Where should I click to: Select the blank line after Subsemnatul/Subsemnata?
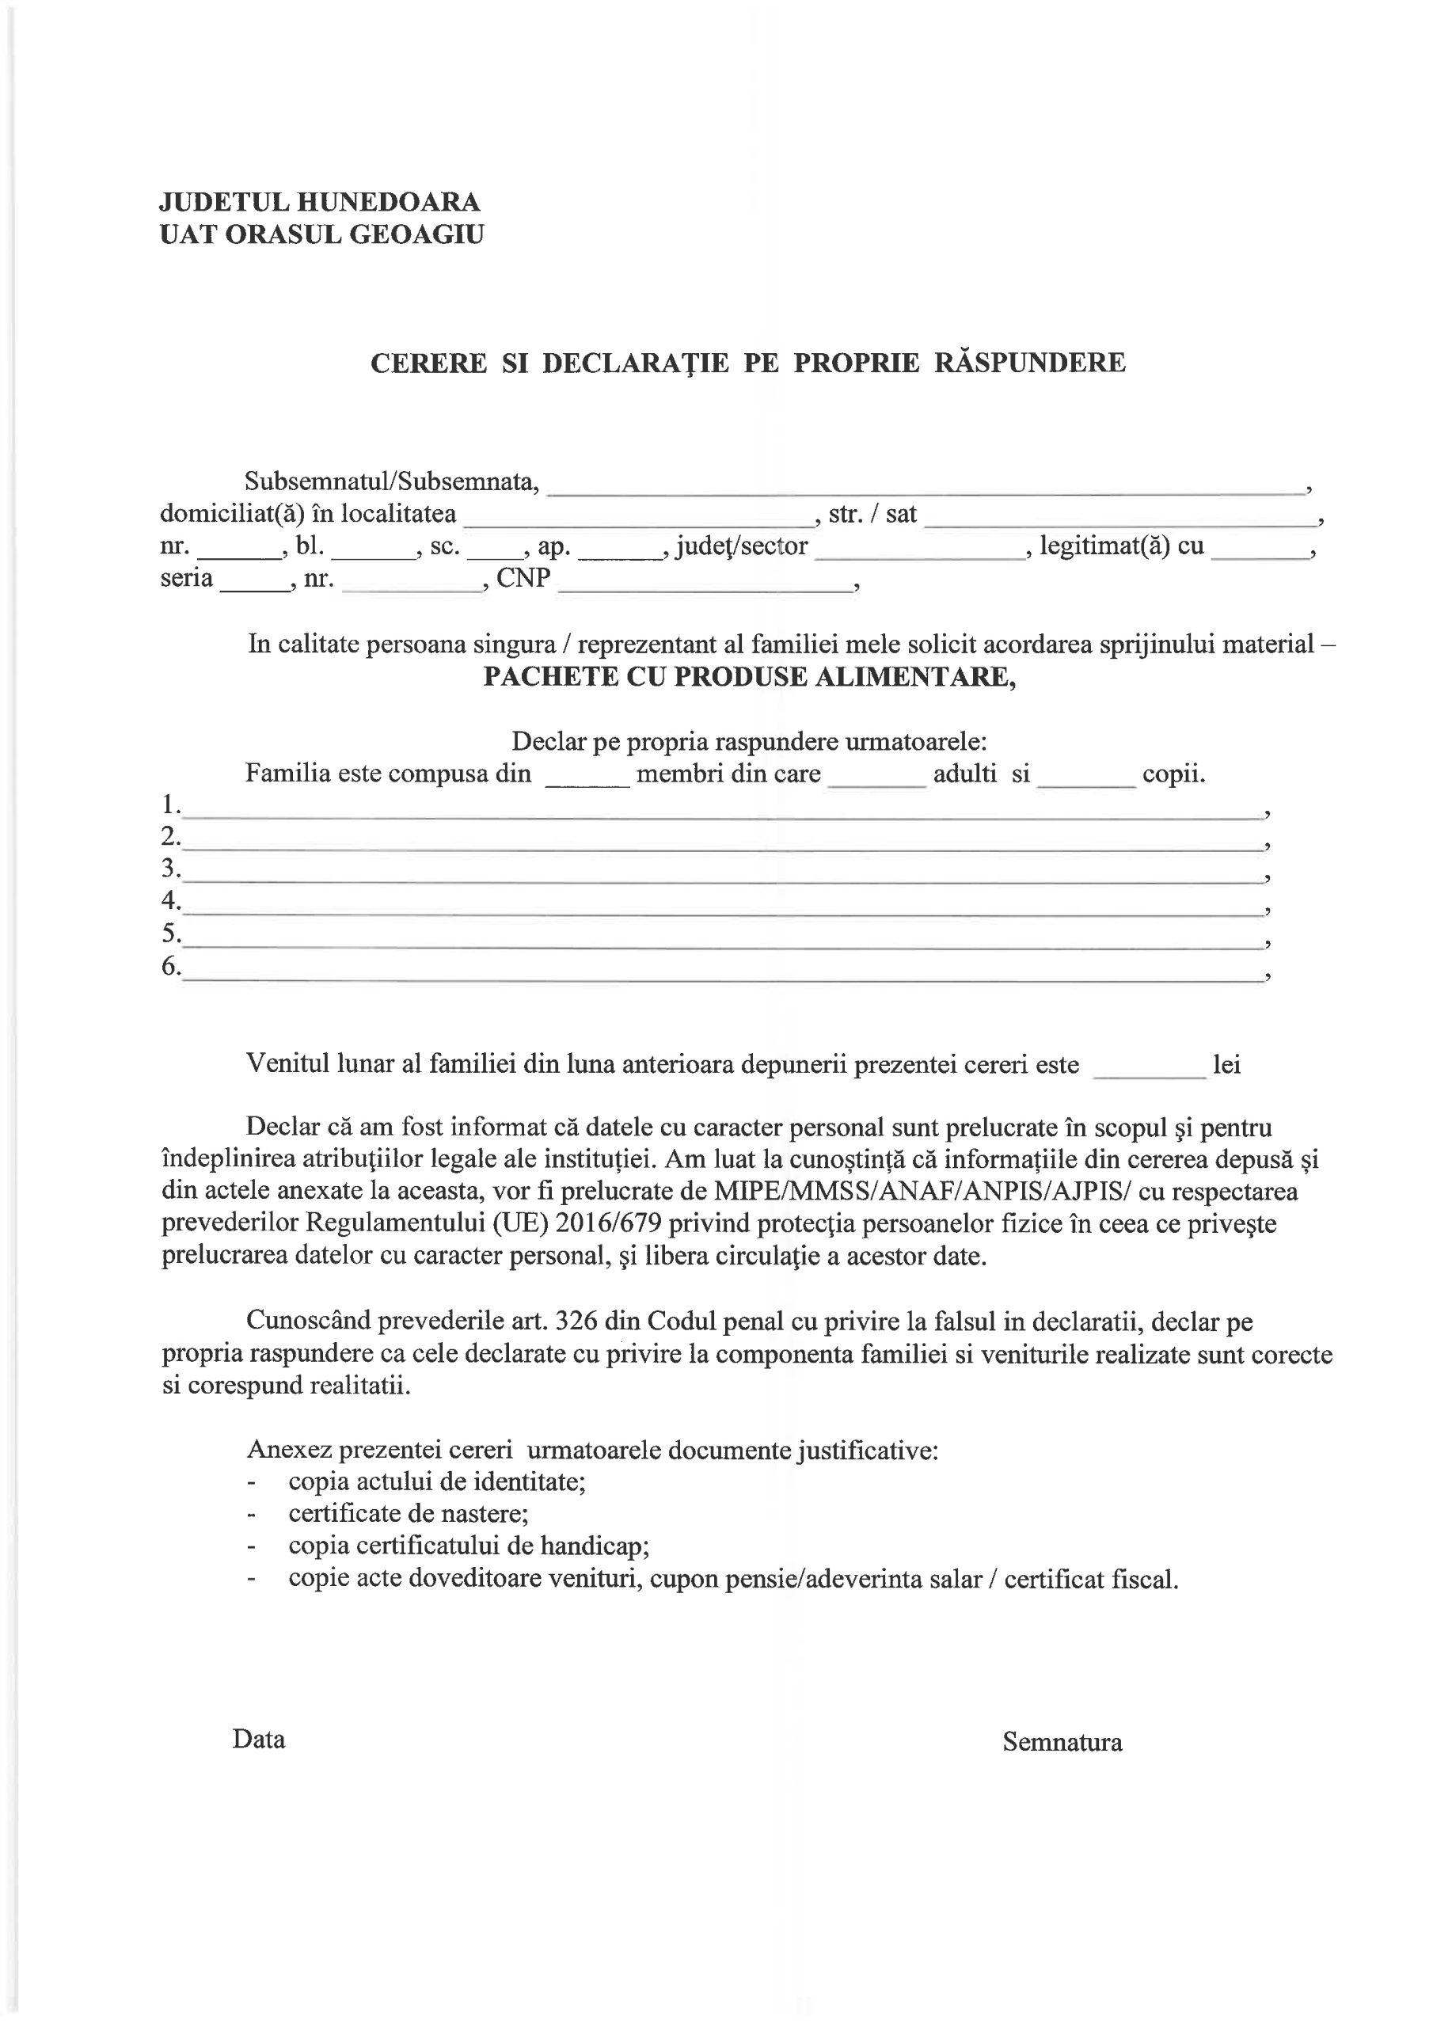click(926, 485)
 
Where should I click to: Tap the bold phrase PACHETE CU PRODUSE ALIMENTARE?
click(749, 677)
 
